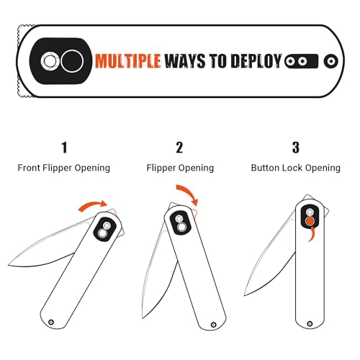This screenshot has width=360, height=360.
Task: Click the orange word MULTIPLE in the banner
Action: pyautogui.click(x=127, y=61)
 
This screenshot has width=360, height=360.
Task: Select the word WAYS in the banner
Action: pyautogui.click(x=185, y=61)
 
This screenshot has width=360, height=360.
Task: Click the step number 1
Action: pyautogui.click(x=64, y=148)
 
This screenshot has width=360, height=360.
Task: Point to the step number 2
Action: pyautogui.click(x=179, y=148)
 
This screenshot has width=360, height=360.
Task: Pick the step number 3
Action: pyautogui.click(x=296, y=148)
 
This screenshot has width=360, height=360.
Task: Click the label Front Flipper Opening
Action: pyautogui.click(x=64, y=168)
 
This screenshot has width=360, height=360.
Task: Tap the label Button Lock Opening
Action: pyautogui.click(x=296, y=168)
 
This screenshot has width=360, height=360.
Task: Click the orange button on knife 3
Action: pyautogui.click(x=310, y=221)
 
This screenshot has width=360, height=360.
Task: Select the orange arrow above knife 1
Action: pyautogui.click(x=92, y=204)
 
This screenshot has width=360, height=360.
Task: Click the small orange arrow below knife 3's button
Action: pyautogui.click(x=312, y=234)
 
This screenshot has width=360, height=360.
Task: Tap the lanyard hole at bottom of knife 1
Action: pyautogui.click(x=51, y=322)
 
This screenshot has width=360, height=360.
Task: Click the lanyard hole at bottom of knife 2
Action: pyautogui.click(x=213, y=325)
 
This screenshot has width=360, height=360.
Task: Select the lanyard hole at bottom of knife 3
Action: pyautogui.click(x=310, y=324)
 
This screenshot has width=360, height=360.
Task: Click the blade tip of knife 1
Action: pyautogui.click(x=9, y=265)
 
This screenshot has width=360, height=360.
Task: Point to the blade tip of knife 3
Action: pyautogui.click(x=245, y=295)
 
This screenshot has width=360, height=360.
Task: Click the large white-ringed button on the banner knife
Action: pyautogui.click(x=72, y=61)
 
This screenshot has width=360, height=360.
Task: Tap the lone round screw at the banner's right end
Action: pyautogui.click(x=331, y=61)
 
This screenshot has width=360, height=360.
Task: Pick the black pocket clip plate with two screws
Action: pyautogui.click(x=302, y=61)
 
